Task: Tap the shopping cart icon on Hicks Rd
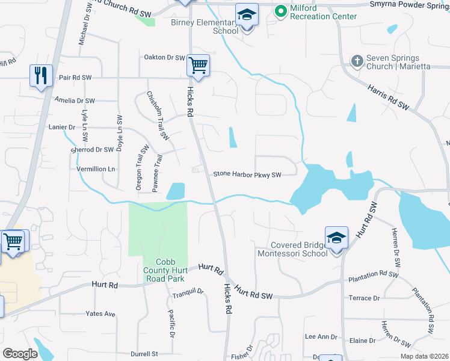(198, 65)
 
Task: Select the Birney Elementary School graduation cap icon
(246, 15)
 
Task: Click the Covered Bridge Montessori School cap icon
(336, 237)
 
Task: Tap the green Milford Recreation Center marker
(280, 11)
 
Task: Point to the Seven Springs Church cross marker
(357, 61)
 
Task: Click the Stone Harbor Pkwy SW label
(247, 175)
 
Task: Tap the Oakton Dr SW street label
(164, 58)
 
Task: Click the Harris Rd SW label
(388, 97)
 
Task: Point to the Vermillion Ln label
(96, 170)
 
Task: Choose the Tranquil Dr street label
(188, 292)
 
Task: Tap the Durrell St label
(146, 354)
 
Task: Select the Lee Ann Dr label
(321, 337)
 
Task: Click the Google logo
(20, 353)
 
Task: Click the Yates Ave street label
(100, 314)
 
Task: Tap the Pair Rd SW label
(75, 78)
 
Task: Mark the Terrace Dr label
(364, 298)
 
